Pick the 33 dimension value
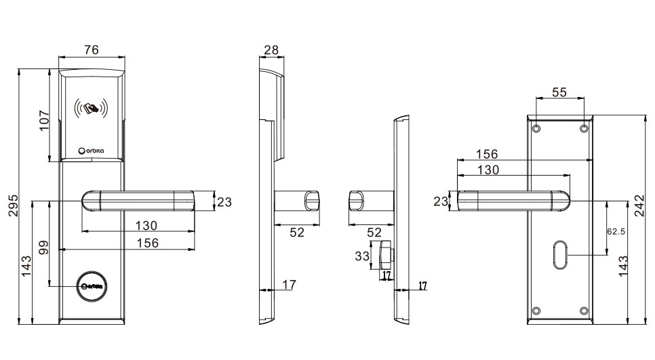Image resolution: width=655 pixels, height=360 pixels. (362, 256)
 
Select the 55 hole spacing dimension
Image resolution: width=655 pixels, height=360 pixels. (559, 93)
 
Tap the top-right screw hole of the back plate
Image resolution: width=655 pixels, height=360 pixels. (584, 127)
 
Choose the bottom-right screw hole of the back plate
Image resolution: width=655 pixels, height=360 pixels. (584, 311)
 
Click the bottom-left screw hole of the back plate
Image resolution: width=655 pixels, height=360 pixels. (536, 311)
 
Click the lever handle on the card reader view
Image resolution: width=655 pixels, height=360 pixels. (138, 201)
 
